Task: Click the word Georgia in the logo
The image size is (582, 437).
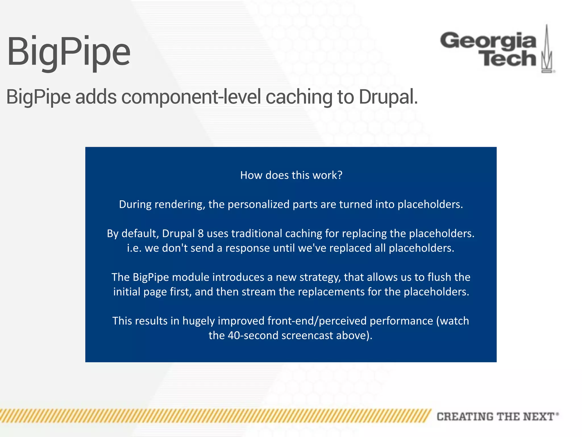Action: point(488,41)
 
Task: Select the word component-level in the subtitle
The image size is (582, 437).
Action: point(191,97)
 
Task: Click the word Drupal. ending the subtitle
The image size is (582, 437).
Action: point(388,97)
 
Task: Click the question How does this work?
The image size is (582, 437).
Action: point(291,175)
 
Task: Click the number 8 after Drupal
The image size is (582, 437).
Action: point(201,234)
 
